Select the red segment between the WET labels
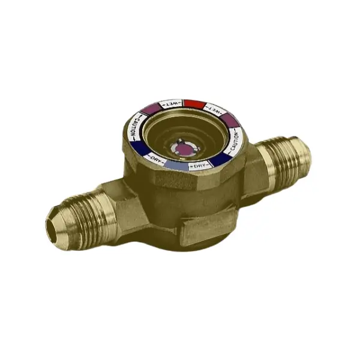click(x=193, y=103)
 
